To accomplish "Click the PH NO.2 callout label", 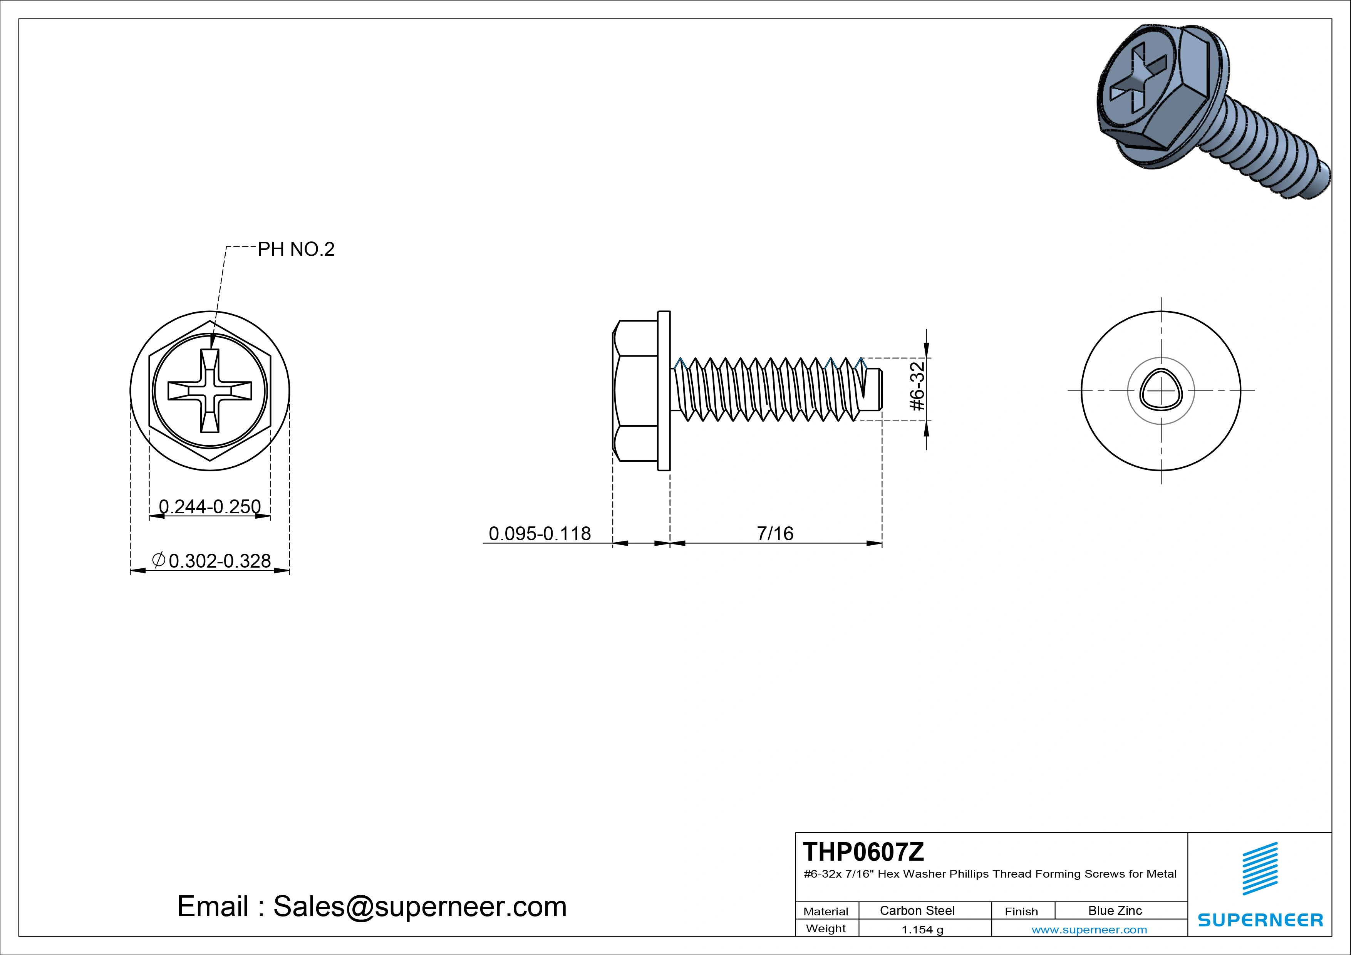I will click(x=296, y=250).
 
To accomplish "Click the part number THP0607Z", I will click(x=863, y=851).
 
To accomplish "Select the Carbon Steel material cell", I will click(x=917, y=910).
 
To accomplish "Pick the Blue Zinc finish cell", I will click(x=1115, y=910).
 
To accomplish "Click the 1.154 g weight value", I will click(x=922, y=930).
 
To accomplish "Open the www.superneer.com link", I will click(x=1089, y=930).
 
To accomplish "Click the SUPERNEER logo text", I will click(x=1260, y=920).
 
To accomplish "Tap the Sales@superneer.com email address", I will click(x=419, y=906).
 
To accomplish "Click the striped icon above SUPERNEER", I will click(x=1260, y=868).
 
